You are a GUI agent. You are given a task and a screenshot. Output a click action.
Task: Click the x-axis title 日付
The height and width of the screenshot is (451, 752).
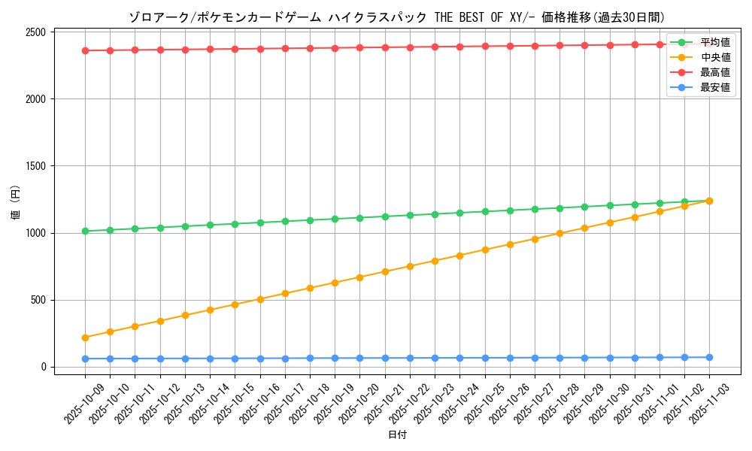397,435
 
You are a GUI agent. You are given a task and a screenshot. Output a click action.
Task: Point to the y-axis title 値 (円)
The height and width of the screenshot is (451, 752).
15,203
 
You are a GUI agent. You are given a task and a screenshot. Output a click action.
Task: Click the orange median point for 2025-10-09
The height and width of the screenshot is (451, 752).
85,337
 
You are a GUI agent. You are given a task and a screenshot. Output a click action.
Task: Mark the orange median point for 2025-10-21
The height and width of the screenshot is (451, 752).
385,271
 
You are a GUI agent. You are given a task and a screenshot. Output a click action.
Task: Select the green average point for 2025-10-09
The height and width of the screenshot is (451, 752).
85,231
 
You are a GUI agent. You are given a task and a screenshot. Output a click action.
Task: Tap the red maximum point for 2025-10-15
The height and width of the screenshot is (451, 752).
235,49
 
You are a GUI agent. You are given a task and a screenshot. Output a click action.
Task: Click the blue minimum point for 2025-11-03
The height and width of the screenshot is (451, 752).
709,357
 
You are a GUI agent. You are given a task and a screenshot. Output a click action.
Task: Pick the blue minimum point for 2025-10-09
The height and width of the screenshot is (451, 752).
85,359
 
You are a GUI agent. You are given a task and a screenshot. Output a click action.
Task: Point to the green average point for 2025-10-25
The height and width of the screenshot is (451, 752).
485,211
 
